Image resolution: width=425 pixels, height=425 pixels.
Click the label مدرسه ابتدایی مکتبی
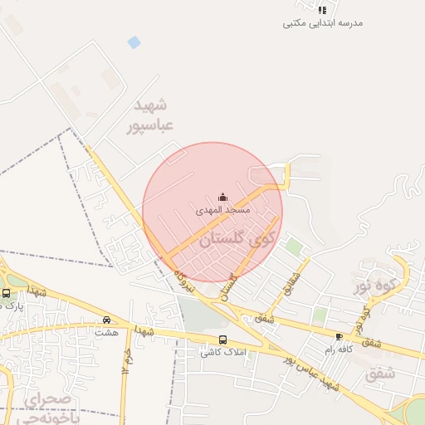323,23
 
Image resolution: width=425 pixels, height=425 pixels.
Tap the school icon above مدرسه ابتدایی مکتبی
322,10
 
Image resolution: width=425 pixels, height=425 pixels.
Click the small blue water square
134,42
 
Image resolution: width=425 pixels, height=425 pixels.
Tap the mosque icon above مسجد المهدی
222,198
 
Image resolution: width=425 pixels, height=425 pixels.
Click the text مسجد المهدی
222,211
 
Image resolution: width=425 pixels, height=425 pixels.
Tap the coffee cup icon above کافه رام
339,336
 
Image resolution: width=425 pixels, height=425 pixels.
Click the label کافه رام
340,349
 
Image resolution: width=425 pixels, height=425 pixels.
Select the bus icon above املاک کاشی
222,340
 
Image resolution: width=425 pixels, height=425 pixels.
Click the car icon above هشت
106,320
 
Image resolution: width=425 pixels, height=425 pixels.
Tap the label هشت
106,332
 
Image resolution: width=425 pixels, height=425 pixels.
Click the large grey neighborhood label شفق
380,374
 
